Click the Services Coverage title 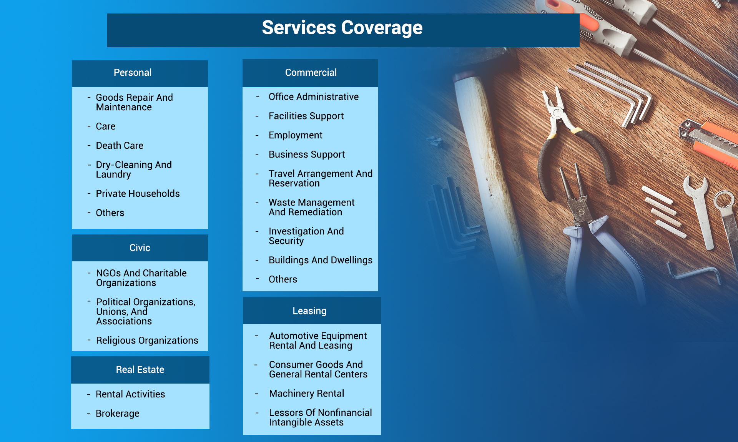[x=342, y=28]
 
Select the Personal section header [x=133, y=73]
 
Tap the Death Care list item [x=120, y=146]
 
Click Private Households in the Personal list [x=138, y=194]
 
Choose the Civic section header [x=140, y=248]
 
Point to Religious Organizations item [x=147, y=341]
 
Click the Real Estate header [x=140, y=370]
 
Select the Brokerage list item [x=117, y=414]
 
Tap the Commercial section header [x=311, y=73]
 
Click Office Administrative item [x=313, y=97]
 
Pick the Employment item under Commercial [x=295, y=135]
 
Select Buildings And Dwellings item [x=320, y=260]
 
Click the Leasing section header [x=309, y=311]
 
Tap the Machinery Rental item [x=306, y=394]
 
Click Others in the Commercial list [x=283, y=279]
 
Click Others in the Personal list [x=110, y=213]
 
